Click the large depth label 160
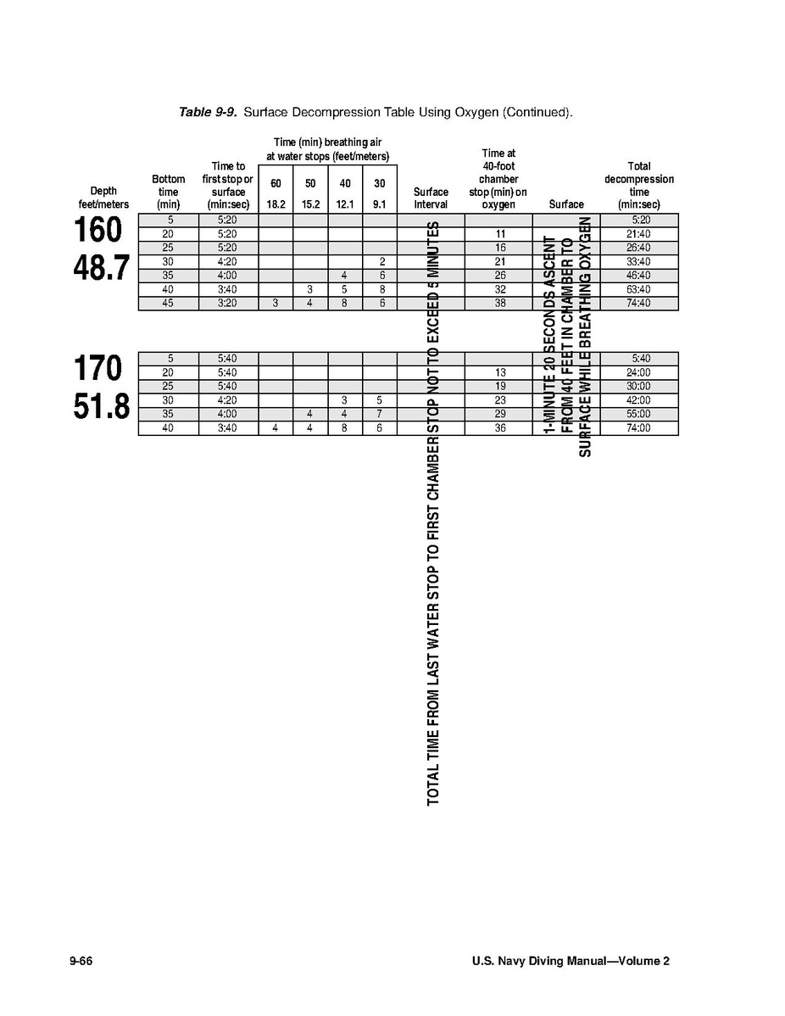tap(97, 231)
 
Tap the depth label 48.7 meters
tap(101, 268)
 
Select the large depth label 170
tap(97, 369)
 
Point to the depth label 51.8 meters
tap(101, 407)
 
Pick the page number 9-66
tap(81, 961)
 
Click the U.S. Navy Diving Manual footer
tap(571, 961)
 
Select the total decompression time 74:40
tap(640, 303)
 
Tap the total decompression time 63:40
tap(640, 289)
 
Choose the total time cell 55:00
tap(640, 414)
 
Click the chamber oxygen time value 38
tap(500, 303)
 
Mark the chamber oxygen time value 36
tap(500, 428)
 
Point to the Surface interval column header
tap(431, 198)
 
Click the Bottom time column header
tap(169, 192)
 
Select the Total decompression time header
tap(639, 186)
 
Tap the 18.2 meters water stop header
tap(276, 204)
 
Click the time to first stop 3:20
tap(227, 303)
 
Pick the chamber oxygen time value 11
tap(500, 233)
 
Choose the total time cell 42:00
tap(640, 400)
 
